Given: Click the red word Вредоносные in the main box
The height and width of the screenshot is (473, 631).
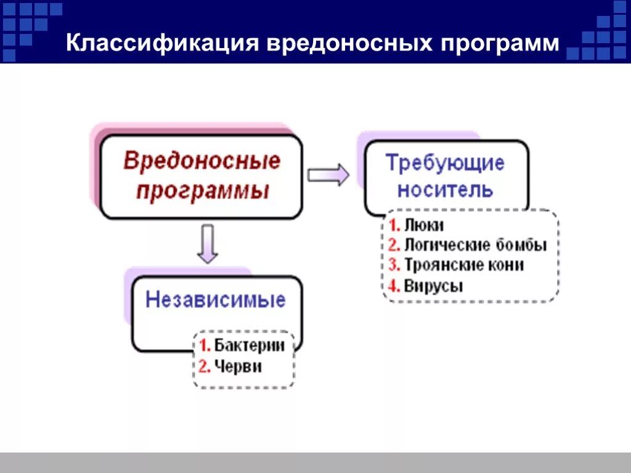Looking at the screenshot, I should coord(202,161).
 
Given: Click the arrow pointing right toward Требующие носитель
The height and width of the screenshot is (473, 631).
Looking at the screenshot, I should coord(328,176).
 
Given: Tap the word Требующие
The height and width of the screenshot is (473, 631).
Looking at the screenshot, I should coord(445,163).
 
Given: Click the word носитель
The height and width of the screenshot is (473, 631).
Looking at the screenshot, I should coord(445,190).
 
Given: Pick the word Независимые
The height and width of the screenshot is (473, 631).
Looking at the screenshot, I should coord(216,300).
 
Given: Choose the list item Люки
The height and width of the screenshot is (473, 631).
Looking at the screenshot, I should coord(424,225).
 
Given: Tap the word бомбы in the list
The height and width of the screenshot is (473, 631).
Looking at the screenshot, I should coord(521,245).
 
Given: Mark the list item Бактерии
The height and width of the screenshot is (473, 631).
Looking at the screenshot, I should coord(249,346).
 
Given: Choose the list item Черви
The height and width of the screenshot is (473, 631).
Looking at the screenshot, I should coord(238,366).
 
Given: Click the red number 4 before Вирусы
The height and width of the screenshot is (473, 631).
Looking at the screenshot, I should coord(394,285).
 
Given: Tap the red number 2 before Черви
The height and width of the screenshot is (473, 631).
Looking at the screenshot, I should coord(204,366).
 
